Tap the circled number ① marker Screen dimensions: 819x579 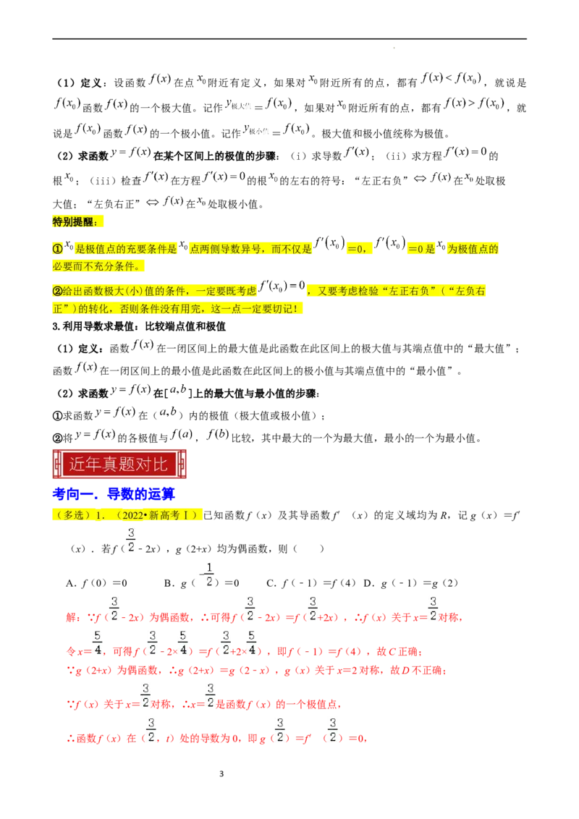(58, 249)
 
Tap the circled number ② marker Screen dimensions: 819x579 (58, 292)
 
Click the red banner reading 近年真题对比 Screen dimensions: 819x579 (119, 464)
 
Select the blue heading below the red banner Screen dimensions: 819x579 (114, 495)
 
